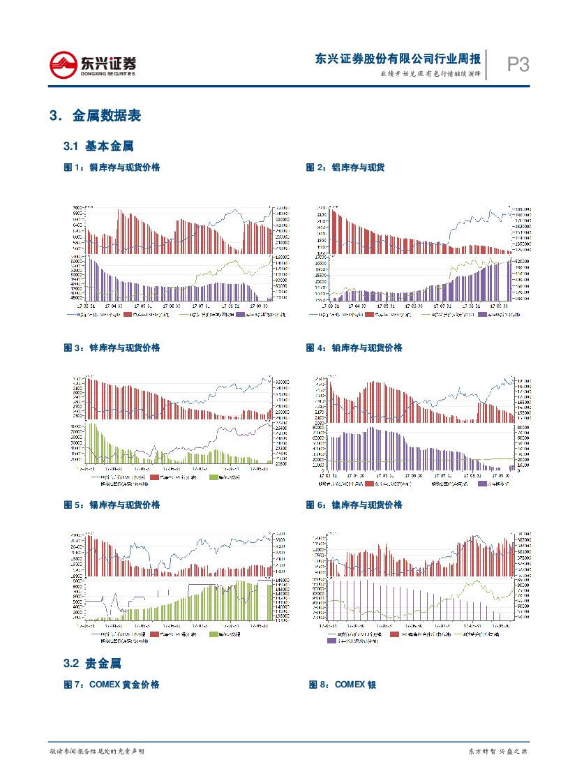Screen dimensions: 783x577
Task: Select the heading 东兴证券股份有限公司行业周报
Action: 398,59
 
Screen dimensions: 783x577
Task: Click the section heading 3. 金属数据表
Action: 96,116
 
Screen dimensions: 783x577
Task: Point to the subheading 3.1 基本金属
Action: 98,147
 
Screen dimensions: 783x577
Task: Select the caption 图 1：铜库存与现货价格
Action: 112,167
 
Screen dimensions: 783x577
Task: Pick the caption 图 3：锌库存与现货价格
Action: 112,348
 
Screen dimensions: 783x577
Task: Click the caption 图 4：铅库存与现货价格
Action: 354,348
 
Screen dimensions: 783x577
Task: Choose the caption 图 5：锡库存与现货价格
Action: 112,505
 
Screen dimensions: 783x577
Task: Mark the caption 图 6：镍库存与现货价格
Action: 354,505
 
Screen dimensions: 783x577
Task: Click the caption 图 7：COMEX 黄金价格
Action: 112,685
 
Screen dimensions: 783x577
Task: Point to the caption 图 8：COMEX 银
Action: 343,685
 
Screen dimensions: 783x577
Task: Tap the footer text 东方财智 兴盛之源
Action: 497,751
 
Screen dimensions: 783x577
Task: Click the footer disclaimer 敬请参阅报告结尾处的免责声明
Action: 97,751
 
